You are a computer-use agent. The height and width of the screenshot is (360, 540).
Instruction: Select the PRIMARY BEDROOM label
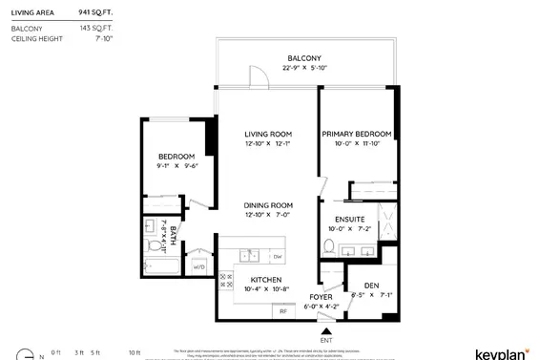tap(356, 134)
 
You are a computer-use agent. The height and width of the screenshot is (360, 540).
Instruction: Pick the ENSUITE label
tap(336, 219)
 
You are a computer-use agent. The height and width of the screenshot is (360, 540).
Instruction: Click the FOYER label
tap(320, 297)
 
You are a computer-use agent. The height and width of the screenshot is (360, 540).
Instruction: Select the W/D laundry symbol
tap(199, 266)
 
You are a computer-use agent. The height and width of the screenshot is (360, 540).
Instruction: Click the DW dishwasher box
tap(278, 256)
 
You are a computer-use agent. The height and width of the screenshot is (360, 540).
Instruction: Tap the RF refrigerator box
tap(282, 310)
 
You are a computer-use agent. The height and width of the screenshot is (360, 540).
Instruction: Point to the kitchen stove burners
tap(228, 281)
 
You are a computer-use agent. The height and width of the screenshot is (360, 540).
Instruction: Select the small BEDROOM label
tap(177, 156)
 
